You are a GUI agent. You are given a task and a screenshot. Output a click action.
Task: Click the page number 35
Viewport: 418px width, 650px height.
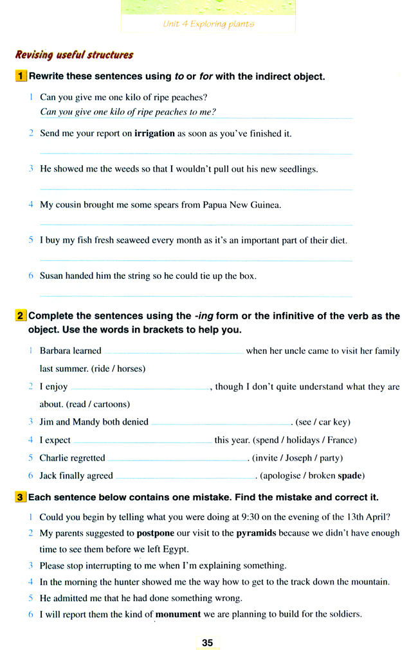point(207,642)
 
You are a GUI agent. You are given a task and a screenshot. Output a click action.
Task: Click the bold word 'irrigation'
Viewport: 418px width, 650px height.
point(154,134)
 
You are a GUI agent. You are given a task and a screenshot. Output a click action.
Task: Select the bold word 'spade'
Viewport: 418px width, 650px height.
point(350,476)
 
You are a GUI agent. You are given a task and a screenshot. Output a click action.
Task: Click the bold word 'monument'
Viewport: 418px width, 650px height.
point(178,614)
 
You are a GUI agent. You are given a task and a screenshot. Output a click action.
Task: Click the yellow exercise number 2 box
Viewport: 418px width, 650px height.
point(21,316)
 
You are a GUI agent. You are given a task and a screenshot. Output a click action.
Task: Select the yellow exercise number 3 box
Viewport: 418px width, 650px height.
point(21,498)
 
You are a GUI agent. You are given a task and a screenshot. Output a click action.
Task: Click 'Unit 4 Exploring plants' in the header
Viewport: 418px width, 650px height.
point(208,24)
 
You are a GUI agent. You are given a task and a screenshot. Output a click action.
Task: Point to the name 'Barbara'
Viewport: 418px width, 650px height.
point(55,351)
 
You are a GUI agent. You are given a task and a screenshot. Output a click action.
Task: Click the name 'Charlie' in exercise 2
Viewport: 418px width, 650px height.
point(55,458)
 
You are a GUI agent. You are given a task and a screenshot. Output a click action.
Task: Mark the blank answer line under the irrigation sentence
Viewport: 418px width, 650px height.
point(196,154)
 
